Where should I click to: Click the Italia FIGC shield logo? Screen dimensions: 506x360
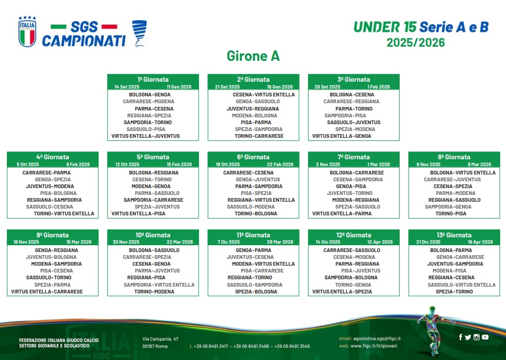[x=27, y=31]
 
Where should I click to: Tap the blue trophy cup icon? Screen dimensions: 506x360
[x=139, y=33]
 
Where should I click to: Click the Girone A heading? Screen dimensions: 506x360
[x=253, y=56]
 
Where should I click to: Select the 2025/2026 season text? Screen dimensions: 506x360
[x=416, y=42]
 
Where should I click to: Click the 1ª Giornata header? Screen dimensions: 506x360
[x=153, y=80]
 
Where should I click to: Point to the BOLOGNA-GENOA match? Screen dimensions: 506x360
[x=150, y=95]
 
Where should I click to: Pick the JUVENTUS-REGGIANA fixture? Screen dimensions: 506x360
[x=252, y=109]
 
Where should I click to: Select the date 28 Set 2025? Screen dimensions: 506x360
[x=327, y=87]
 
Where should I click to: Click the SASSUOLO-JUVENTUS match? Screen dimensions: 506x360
[x=354, y=123]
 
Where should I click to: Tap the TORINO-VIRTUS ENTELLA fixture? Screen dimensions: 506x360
[x=64, y=213]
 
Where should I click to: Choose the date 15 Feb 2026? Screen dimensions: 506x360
[x=180, y=165]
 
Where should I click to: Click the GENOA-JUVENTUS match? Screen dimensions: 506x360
[x=258, y=180]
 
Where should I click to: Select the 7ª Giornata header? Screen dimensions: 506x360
[x=354, y=157]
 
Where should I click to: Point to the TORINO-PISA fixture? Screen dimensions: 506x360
[x=451, y=213]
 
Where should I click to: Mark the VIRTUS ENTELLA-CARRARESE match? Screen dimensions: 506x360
[x=47, y=291]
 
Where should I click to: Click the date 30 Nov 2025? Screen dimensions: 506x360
[x=126, y=242]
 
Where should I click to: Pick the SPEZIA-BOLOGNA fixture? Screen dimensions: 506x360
[x=256, y=291]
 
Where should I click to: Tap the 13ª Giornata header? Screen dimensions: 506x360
[x=454, y=235]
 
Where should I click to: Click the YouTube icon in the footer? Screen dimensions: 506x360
[x=485, y=337]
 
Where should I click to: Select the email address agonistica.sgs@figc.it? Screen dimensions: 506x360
[x=377, y=339]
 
